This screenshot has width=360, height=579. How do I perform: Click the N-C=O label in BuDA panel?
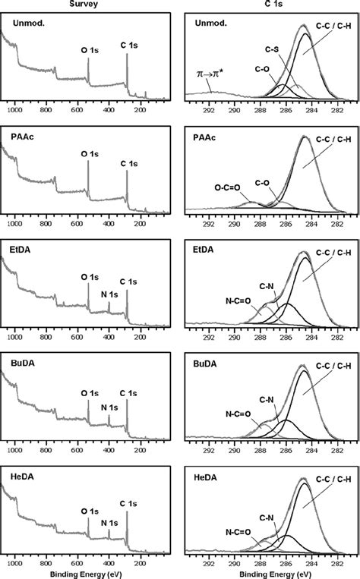[241, 414]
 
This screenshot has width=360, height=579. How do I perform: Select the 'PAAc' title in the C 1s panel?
[203, 140]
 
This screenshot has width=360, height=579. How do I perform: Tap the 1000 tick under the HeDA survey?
[14, 562]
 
